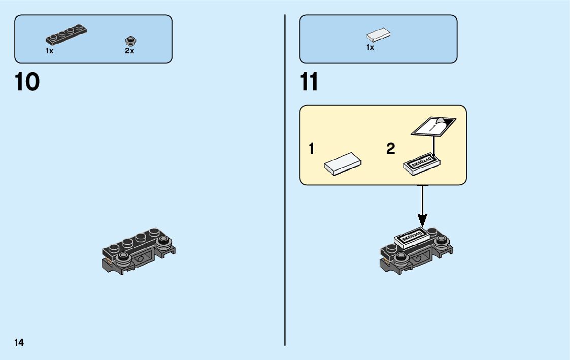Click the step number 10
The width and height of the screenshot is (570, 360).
pyautogui.click(x=27, y=82)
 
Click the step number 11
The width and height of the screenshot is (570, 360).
pyautogui.click(x=309, y=82)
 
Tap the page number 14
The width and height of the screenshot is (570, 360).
pyautogui.click(x=19, y=342)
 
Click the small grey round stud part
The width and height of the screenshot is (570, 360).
pyautogui.click(x=130, y=40)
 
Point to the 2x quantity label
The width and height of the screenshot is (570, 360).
pyautogui.click(x=129, y=51)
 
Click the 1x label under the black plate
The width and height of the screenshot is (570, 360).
pyautogui.click(x=49, y=51)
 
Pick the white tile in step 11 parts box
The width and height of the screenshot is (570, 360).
pyautogui.click(x=379, y=36)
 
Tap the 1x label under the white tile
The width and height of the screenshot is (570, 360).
pyautogui.click(x=371, y=47)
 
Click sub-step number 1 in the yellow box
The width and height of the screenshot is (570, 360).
pyautogui.click(x=312, y=149)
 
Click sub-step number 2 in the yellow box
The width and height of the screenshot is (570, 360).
pyautogui.click(x=390, y=149)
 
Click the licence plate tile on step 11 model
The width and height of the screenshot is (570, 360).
pyautogui.click(x=412, y=237)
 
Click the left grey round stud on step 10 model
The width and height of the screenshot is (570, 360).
pyautogui.click(x=122, y=257)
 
